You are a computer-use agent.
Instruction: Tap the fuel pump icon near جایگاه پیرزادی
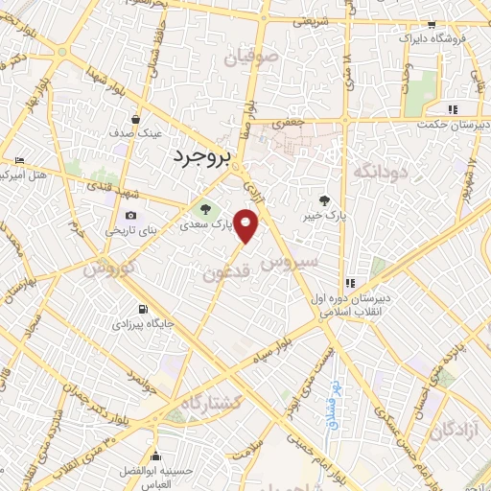pyautogui.click(x=143, y=309)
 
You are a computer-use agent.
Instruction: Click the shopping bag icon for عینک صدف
pyautogui.click(x=136, y=120)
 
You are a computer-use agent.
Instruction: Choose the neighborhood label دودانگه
pyautogui.click(x=382, y=171)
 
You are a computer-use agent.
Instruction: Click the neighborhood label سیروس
pyautogui.click(x=311, y=261)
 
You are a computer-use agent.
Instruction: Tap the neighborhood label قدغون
pyautogui.click(x=227, y=273)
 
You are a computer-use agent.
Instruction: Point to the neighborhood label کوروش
pyautogui.click(x=106, y=269)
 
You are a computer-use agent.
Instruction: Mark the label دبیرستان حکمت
pyautogui.click(x=453, y=124)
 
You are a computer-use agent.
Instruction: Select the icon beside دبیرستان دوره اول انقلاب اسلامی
pyautogui.click(x=350, y=283)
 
